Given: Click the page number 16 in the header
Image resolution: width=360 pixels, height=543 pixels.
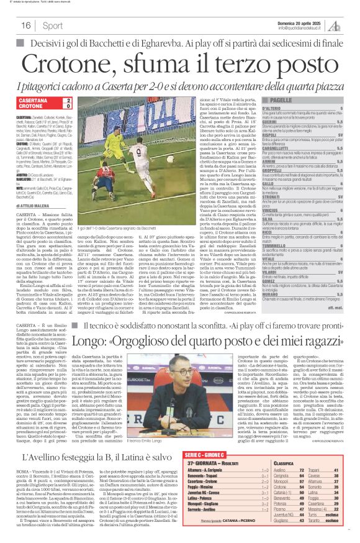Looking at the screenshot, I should tap(26, 25).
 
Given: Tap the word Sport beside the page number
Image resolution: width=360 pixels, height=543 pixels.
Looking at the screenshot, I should tap(53, 25).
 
